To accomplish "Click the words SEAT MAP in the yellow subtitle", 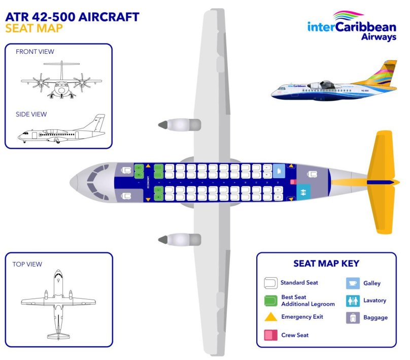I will click(34, 28).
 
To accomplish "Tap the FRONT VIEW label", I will click(35, 52).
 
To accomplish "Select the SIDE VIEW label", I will click(31, 114).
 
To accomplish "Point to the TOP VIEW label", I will click(27, 264).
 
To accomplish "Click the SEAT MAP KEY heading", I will click(326, 264).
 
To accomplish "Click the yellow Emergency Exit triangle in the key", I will click(271, 317).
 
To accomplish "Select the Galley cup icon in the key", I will click(353, 283).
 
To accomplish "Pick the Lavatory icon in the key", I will click(353, 301).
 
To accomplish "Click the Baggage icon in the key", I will click(353, 318).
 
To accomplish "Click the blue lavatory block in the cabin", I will click(303, 192).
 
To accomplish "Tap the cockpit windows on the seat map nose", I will click(92, 181).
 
